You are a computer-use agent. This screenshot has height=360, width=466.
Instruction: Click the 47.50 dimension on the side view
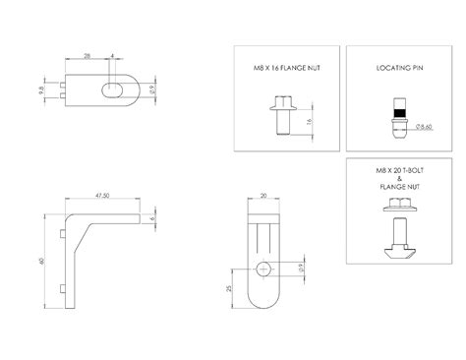pyautogui.click(x=101, y=196)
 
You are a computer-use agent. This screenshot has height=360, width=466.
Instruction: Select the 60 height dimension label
pyautogui.click(x=42, y=260)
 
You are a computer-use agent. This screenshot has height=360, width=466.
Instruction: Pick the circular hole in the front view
pyautogui.click(x=262, y=269)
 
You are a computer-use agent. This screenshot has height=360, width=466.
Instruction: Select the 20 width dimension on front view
pyautogui.click(x=262, y=196)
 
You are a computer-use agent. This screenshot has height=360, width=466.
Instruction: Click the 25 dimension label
pyautogui.click(x=230, y=288)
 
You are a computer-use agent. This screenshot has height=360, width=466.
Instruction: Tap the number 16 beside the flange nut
pyautogui.click(x=313, y=121)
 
